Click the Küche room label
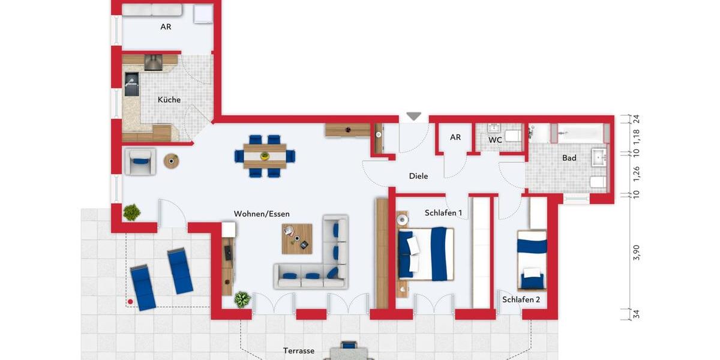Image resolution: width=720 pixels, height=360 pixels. coord(169,100)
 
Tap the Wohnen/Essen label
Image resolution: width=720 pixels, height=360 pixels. coord(262,214)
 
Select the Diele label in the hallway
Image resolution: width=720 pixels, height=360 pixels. coord(418,176)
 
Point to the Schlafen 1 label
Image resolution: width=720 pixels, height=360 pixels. coord(443,213)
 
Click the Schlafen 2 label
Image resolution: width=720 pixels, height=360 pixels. coord(521,299)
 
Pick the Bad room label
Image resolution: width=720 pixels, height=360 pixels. coord(569,158)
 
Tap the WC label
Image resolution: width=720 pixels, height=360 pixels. coord(495,140)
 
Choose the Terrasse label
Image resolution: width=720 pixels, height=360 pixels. coord(299,350)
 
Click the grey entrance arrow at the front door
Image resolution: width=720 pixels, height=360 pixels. coord(414,116)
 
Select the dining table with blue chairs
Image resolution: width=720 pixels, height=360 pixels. coord(265,156)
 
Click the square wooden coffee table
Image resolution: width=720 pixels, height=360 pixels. coord(297,239)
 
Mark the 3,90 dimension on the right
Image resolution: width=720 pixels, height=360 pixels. coord(637,253)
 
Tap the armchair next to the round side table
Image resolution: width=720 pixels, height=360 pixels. coord(140,161)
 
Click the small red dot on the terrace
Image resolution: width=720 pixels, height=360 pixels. coord(130,301)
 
